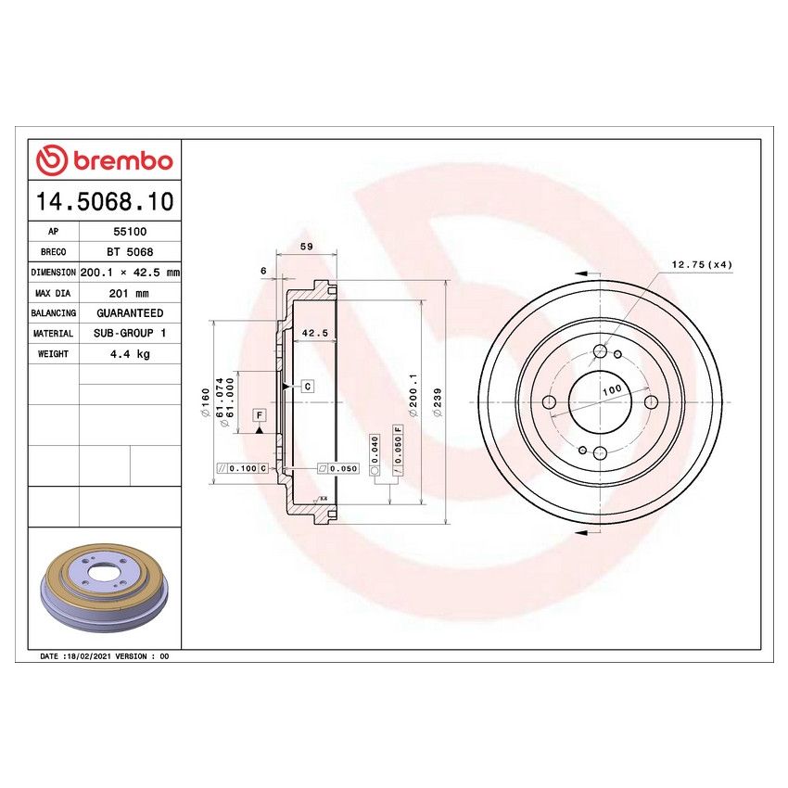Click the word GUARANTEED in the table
pos(129,313)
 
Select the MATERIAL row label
pos(53,334)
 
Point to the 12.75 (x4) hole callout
pos(701,265)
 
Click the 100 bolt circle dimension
pos(612,391)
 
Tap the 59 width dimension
pos(307,247)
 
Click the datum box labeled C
pos(306,385)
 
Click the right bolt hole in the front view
pos(651,401)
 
